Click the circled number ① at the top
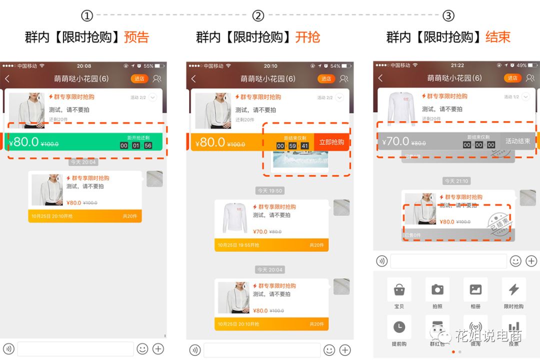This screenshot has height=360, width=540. (87, 15)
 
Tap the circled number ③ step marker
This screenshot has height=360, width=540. (448, 15)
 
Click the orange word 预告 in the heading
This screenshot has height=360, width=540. (136, 37)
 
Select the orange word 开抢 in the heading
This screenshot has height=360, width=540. (307, 37)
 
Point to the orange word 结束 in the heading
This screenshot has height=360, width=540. (497, 37)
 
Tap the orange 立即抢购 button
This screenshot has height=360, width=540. (331, 142)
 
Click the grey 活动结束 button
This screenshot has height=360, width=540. (517, 141)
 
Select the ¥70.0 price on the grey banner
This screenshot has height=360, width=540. (395, 141)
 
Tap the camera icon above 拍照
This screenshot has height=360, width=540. (437, 289)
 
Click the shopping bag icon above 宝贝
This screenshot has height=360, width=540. (399, 289)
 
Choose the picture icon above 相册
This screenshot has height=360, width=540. (475, 289)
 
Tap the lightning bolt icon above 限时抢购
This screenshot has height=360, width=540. (513, 289)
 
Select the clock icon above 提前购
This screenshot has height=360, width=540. (399, 327)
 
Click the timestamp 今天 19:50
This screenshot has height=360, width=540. (270, 190)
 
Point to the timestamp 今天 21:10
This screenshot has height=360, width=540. (456, 181)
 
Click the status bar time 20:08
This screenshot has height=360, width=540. (84, 66)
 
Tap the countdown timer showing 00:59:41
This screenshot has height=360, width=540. (292, 146)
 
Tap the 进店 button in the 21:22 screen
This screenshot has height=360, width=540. (512, 78)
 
